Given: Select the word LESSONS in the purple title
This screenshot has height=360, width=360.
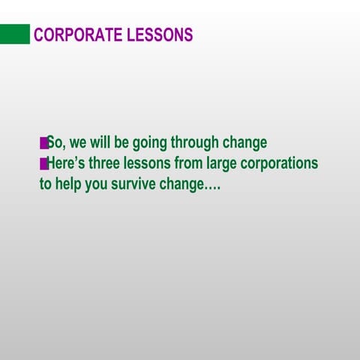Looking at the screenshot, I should (x=163, y=35).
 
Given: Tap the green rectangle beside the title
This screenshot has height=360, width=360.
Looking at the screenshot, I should (x=15, y=34).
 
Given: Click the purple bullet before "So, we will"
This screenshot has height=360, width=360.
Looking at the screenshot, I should (x=43, y=142).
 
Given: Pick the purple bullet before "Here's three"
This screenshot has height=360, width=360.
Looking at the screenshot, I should (x=43, y=163).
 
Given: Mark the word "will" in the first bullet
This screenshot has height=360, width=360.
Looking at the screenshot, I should (x=100, y=142).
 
